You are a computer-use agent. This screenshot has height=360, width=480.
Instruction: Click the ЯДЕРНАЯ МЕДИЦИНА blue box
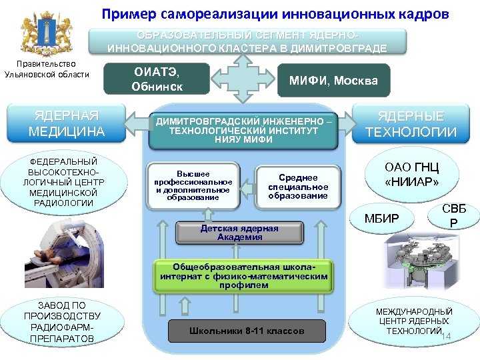(67, 123)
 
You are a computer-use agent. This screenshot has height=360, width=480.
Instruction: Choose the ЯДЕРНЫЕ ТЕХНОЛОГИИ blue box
(411, 125)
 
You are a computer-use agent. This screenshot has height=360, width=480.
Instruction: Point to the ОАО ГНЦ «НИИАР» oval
(411, 175)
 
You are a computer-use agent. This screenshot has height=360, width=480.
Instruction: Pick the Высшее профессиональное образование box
(193, 184)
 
